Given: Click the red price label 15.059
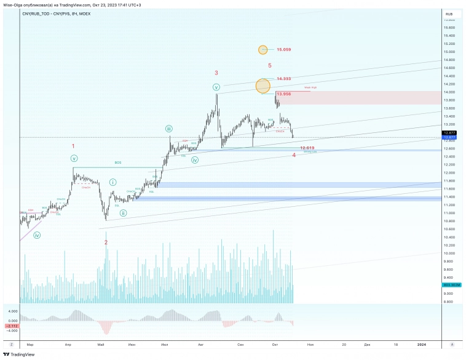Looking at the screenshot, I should pos(283,49).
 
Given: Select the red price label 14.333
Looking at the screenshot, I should pos(283,79).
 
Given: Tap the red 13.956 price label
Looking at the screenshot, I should pos(283,94).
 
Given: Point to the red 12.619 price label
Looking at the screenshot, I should pos(307,148).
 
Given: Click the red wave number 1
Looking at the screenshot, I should pos(73,146).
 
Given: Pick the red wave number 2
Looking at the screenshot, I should pos(106,242).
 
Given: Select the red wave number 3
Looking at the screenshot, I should pos(216,73).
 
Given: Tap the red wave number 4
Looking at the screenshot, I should pos(294,155).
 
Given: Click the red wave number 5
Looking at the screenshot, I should pos(270,65).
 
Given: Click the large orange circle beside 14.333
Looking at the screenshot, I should pos(263,86).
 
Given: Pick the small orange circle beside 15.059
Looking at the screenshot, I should pos(263,49).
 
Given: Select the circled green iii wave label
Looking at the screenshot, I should pos(168,129).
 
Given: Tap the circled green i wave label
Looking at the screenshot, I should pos(113,182).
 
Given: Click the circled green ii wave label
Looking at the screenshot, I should pos(124,213).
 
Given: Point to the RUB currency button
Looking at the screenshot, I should pos(449,13).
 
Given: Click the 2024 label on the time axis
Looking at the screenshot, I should pos(421,345).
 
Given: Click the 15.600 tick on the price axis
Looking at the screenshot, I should pos(449,28).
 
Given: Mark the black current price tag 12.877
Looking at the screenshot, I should pos(449,133).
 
